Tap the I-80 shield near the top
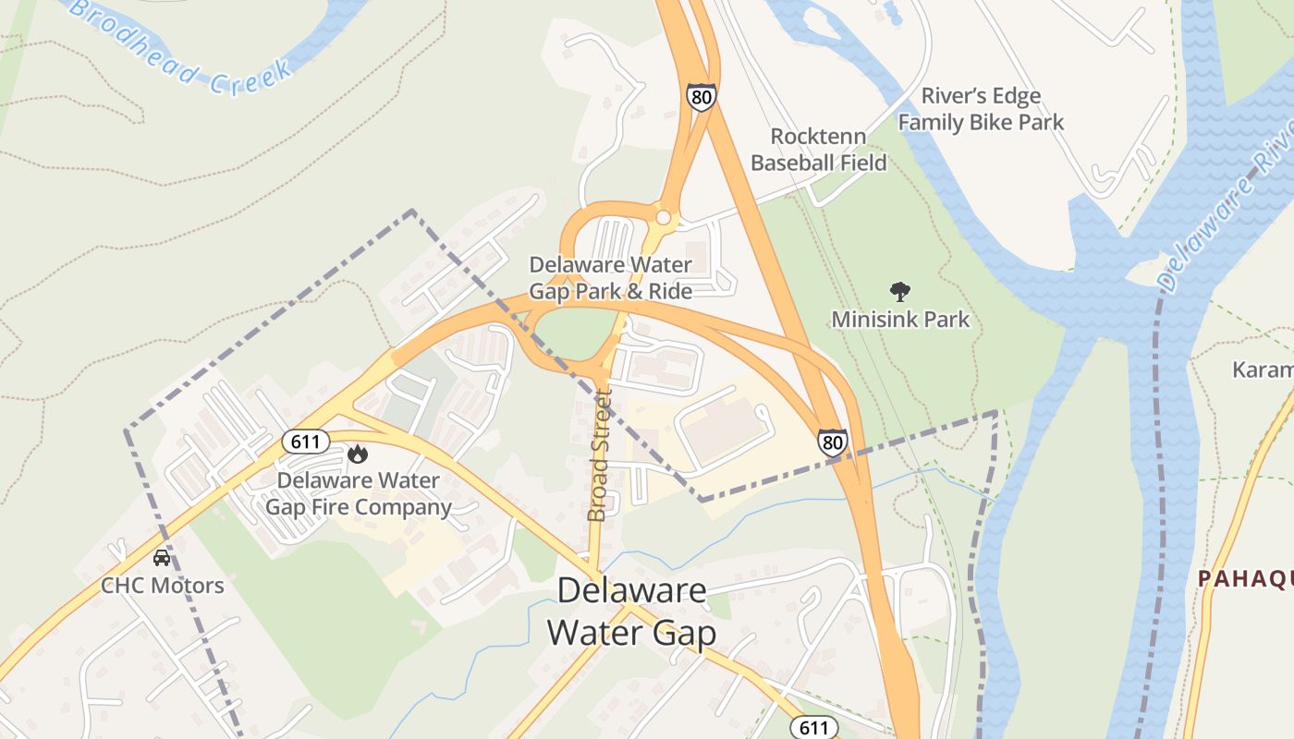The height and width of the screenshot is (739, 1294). tap(701, 96)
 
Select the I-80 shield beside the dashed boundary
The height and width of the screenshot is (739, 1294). tap(832, 442)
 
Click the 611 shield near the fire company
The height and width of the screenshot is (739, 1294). tap(305, 442)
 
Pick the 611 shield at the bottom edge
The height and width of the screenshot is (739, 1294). tap(813, 728)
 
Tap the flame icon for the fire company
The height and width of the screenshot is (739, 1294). tap(358, 454)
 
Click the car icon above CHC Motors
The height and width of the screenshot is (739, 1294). tap(162, 558)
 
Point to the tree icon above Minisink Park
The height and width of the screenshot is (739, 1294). tap(899, 292)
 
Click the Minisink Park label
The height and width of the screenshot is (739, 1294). tap(900, 320)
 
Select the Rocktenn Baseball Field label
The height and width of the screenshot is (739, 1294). tap(818, 150)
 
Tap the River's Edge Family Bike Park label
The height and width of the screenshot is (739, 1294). tap(981, 109)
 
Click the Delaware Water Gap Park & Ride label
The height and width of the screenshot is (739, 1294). tap(610, 278)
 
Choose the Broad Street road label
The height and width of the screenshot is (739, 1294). tap(599, 454)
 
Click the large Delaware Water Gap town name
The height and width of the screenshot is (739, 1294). tap(631, 612)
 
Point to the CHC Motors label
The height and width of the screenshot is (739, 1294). tap(163, 586)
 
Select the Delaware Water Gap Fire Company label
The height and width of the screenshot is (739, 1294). tap(359, 493)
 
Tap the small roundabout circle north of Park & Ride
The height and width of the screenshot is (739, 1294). tap(663, 217)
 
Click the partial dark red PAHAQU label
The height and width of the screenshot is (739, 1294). tap(1245, 579)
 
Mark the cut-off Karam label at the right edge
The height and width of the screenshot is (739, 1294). tap(1263, 370)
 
